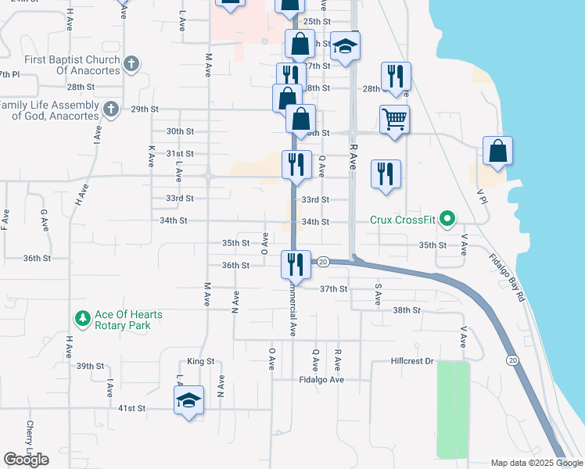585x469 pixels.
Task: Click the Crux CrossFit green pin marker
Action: click(447, 220)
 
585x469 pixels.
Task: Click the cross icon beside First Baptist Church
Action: click(131, 63)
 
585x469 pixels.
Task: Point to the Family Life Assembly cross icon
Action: click(111, 108)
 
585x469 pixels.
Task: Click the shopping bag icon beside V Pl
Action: click(497, 150)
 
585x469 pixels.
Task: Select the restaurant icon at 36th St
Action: click(296, 263)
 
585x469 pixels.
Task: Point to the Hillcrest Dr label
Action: click(412, 362)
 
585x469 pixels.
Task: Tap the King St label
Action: click(200, 362)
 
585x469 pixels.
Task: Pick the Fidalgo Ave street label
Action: click(321, 380)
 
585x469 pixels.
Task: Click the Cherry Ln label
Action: click(30, 435)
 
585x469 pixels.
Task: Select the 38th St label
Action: click(407, 310)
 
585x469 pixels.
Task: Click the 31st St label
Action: click(179, 154)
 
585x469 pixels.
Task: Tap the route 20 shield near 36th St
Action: click(322, 263)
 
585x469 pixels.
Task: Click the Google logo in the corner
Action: click(26, 460)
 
